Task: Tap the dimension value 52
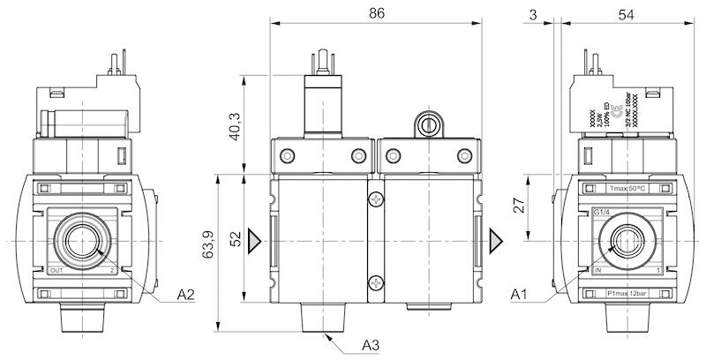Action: pos(236,240)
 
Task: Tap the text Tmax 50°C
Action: pos(628,189)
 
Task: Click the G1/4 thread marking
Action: pos(601,211)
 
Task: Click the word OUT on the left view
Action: pos(57,270)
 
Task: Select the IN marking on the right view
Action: pos(598,270)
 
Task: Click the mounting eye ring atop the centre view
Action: pos(429,122)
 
